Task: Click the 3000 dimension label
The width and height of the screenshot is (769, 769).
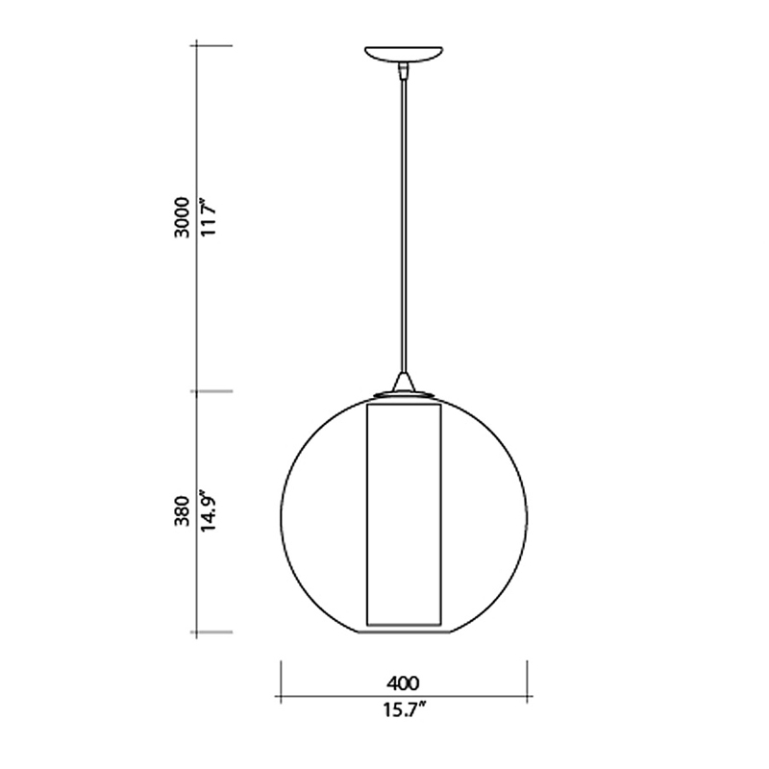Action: (183, 217)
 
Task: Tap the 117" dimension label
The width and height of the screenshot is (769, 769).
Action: (208, 217)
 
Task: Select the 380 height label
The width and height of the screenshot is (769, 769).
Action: (183, 511)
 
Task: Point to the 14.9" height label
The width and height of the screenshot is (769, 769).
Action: (208, 510)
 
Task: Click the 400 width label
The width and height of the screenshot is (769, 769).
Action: (403, 683)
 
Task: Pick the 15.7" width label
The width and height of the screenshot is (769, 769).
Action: (404, 709)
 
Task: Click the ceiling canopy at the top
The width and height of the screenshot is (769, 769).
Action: (404, 55)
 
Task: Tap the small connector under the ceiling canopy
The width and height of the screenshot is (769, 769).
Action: (404, 71)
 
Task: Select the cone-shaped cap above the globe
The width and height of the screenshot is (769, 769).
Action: (404, 382)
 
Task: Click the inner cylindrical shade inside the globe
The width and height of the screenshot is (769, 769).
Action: (404, 515)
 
